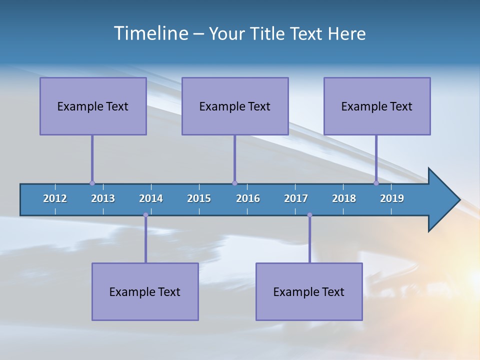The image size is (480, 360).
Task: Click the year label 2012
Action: click(55, 198)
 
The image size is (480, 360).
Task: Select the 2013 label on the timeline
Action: click(103, 198)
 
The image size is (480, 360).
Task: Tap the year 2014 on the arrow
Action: click(151, 198)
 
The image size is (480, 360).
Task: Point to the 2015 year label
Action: click(199, 198)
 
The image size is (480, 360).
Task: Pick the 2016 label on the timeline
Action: click(248, 198)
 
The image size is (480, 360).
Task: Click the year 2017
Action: click(296, 198)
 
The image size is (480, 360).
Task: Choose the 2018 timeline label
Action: click(344, 198)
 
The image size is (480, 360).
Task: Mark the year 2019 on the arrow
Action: click(392, 198)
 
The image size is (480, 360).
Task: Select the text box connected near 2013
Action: click(93, 106)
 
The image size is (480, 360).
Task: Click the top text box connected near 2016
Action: click(235, 106)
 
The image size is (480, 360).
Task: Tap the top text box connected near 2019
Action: click(377, 106)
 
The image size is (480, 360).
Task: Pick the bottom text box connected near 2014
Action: click(145, 291)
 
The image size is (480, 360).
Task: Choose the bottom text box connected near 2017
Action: click(309, 291)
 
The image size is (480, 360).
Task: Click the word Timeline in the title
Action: click(151, 33)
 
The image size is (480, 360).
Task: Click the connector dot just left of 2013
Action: click(92, 183)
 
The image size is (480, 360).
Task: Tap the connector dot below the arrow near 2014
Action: click(145, 215)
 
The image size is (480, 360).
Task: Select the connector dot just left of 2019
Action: click(376, 183)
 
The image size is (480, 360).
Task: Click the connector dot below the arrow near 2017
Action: click(309, 215)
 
